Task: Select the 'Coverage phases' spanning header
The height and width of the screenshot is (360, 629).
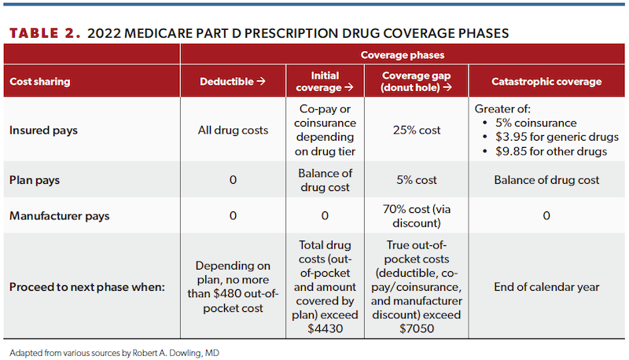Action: click(402, 55)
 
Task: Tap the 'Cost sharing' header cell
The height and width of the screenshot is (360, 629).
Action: click(40, 82)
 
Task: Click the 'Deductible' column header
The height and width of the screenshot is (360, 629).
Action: click(233, 82)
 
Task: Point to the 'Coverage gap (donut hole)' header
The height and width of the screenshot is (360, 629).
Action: click(415, 82)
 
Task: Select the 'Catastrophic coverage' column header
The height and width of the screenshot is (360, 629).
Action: click(546, 82)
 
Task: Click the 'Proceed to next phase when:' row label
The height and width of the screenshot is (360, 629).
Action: click(87, 287)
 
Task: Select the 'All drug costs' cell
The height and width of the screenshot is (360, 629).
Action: click(233, 130)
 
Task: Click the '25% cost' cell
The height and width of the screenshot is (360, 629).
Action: click(415, 130)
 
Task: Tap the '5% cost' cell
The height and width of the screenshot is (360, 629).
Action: click(415, 180)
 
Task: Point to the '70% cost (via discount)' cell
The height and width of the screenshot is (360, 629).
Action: click(415, 216)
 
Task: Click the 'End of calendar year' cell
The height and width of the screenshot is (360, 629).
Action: click(546, 287)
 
